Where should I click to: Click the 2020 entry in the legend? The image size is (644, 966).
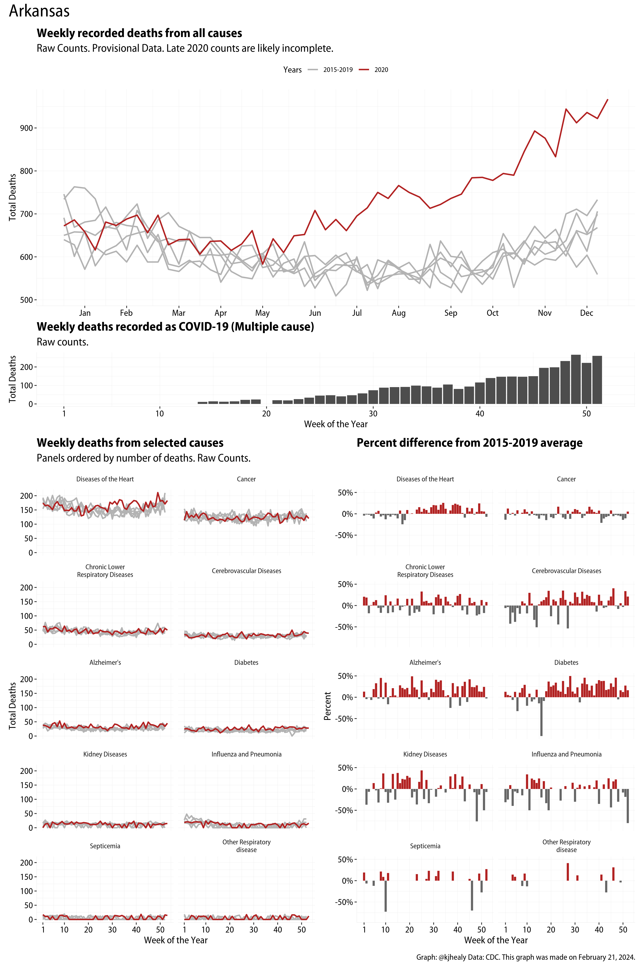[381, 70]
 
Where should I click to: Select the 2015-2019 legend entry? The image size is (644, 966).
[337, 70]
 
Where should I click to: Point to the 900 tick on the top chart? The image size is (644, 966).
[26, 128]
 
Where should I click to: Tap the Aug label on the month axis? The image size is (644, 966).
[398, 313]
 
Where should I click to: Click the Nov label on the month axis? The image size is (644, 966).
[545, 313]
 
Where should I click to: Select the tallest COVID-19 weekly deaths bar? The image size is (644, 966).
[576, 379]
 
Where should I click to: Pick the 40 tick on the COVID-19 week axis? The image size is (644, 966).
[480, 414]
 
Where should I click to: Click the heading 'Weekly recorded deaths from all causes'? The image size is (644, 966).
[139, 33]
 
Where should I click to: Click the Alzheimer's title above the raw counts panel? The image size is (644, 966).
[105, 662]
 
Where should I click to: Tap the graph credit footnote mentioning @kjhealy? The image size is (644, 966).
[526, 957]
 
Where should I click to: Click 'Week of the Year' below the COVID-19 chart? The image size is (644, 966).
[336, 424]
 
